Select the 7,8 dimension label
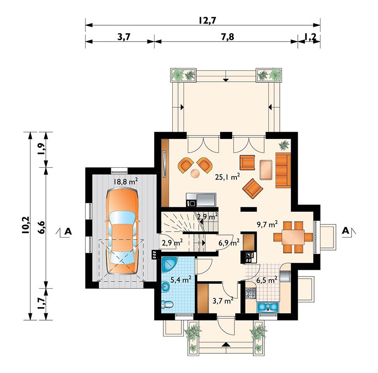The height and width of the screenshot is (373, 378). click(227, 37)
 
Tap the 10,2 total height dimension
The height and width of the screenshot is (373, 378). click(25, 225)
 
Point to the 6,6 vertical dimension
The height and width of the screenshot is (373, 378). click(42, 227)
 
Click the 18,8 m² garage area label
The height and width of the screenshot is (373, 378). click(125, 181)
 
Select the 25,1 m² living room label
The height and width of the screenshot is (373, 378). click(227, 177)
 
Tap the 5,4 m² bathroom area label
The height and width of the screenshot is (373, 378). click(181, 279)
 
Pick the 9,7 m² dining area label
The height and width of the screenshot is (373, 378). click(267, 224)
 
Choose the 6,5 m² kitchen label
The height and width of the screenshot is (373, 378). click(267, 280)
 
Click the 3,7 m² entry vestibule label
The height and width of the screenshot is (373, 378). click(223, 300)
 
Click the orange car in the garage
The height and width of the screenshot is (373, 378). click(123, 232)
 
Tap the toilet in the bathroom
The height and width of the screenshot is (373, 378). click(167, 304)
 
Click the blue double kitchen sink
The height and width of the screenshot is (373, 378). click(268, 307)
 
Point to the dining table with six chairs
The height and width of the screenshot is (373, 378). click(293, 237)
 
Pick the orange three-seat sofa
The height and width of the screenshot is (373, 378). click(283, 170)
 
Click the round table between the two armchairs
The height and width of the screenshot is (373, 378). click(195, 173)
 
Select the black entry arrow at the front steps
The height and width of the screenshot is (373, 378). click(226, 344)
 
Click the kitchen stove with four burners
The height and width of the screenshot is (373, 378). click(250, 293)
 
